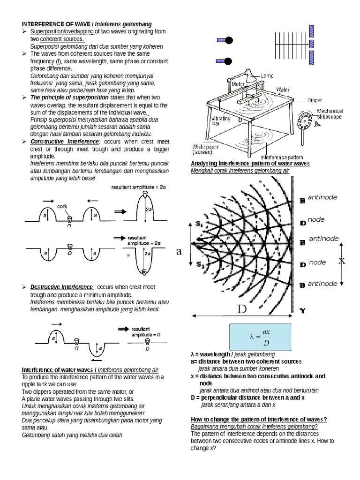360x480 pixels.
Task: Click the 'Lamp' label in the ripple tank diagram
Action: pyautogui.click(x=267, y=76)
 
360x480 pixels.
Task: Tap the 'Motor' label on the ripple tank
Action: pyautogui.click(x=240, y=85)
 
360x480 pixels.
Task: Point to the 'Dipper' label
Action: pyautogui.click(x=314, y=100)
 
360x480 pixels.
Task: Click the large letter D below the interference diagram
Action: pyautogui.click(x=241, y=309)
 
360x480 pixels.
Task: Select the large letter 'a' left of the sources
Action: pyautogui.click(x=179, y=252)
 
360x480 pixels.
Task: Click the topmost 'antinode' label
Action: pyautogui.click(x=322, y=197)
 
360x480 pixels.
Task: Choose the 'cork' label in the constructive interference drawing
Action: pyautogui.click(x=62, y=206)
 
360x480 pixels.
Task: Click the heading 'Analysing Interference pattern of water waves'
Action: pyautogui.click(x=250, y=163)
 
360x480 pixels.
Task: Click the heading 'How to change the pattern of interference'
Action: pyautogui.click(x=258, y=420)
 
